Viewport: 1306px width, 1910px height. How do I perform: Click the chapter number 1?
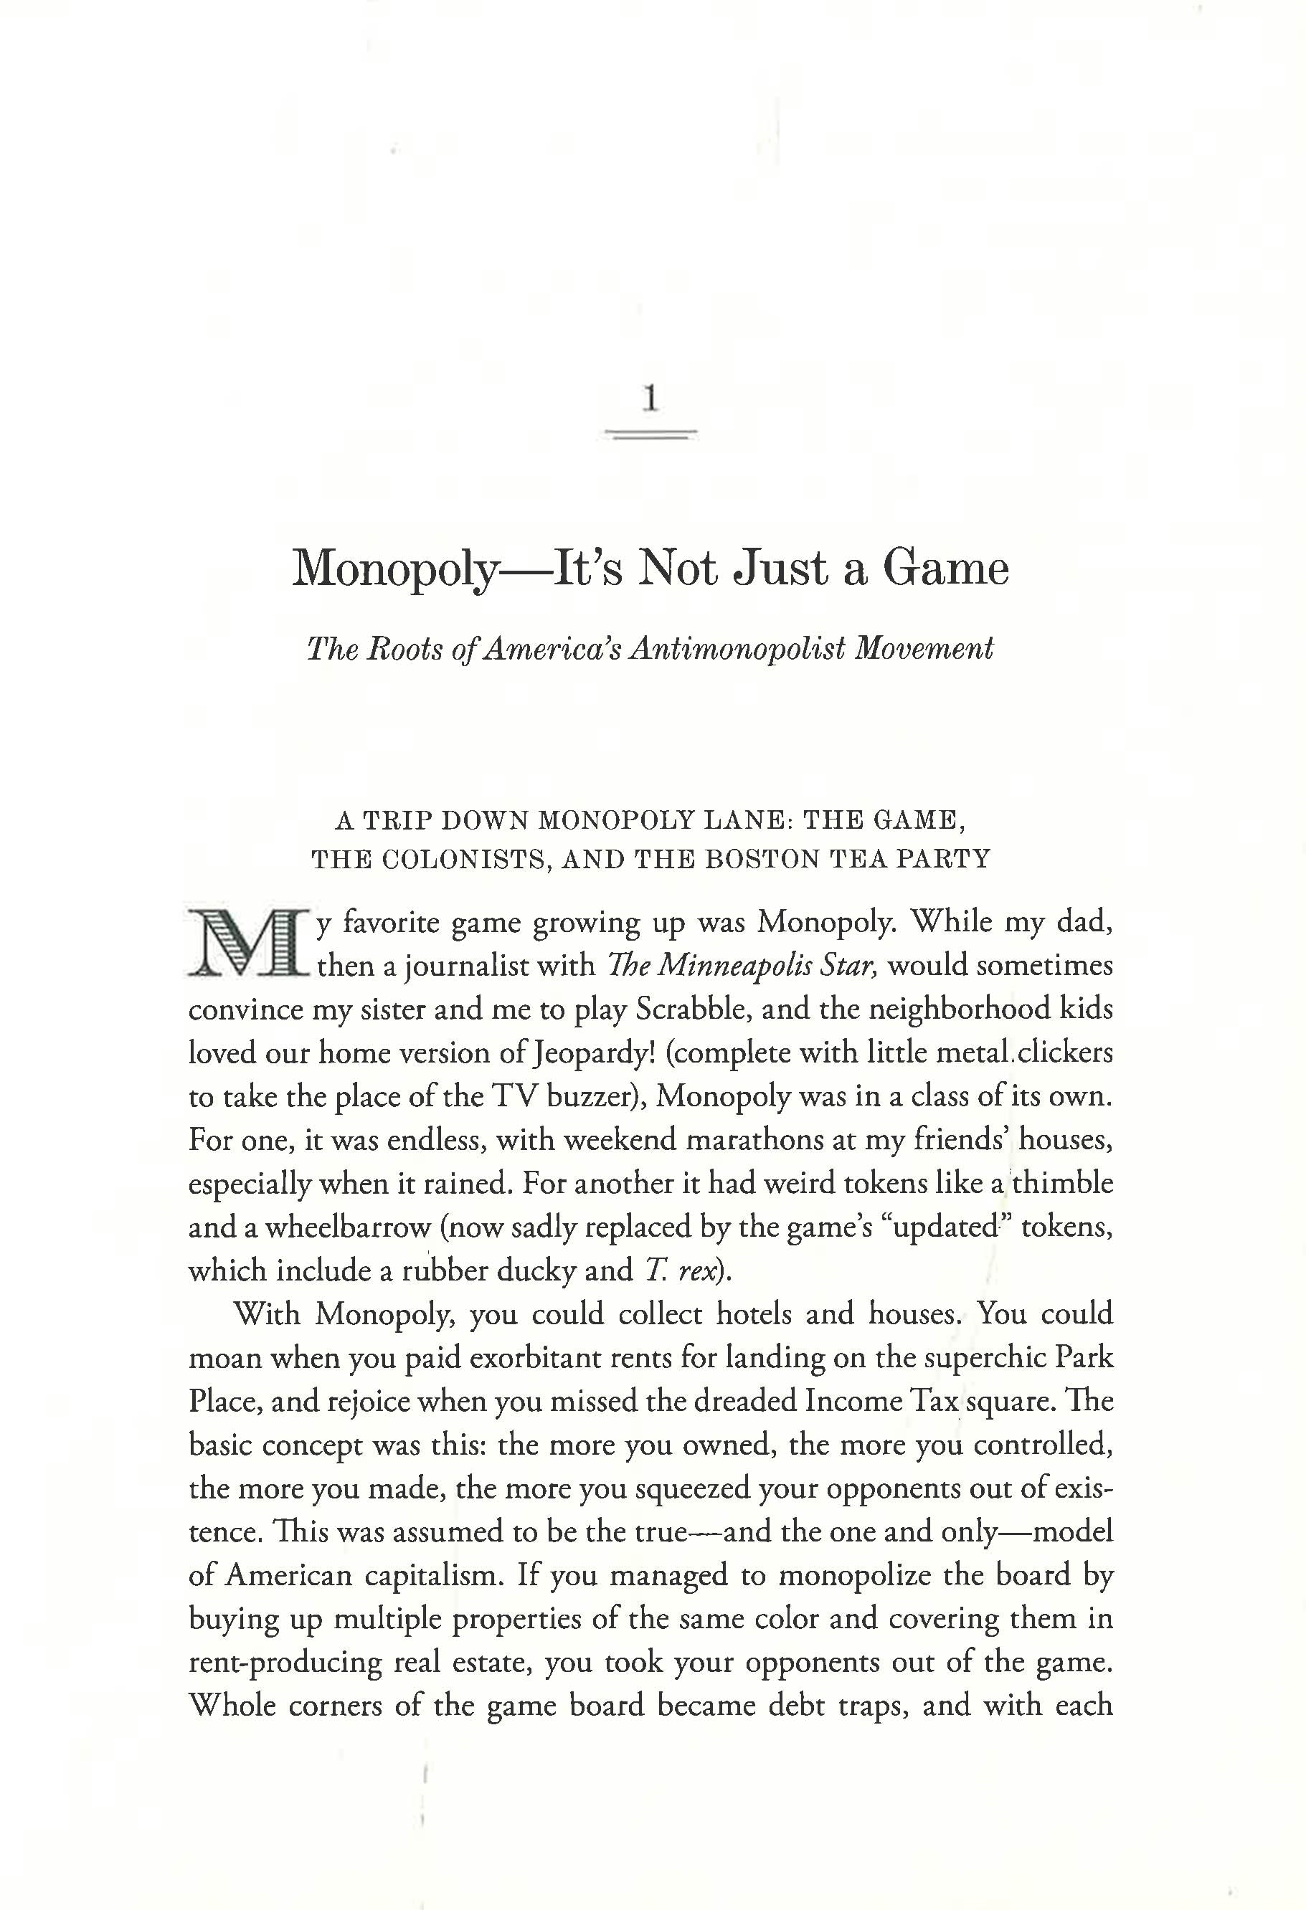pos(650,399)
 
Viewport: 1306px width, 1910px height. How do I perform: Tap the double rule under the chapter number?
pos(651,434)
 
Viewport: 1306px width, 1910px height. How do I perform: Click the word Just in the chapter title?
pos(780,569)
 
